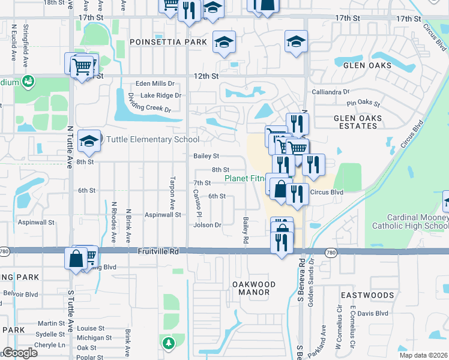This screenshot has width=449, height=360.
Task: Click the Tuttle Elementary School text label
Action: (x=152, y=140)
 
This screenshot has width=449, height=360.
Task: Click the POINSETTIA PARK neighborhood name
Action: (x=168, y=42)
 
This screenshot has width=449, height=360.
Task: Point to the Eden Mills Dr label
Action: (x=155, y=84)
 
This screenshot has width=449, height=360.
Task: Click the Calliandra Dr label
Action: (x=330, y=92)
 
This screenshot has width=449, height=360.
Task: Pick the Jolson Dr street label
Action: (x=207, y=226)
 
